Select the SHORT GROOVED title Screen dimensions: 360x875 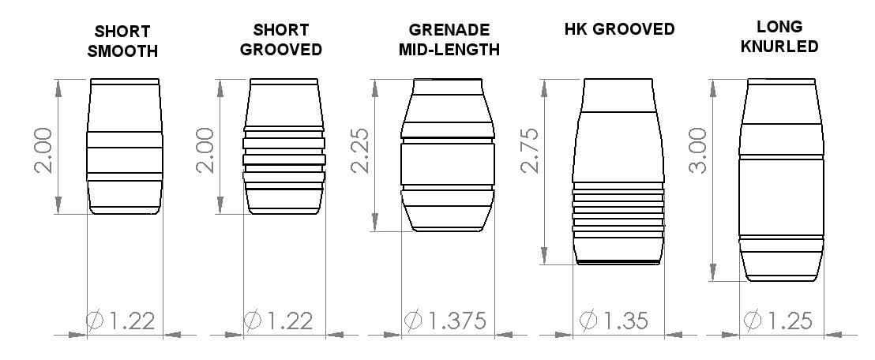[281, 39]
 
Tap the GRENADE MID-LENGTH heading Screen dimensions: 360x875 [449, 40]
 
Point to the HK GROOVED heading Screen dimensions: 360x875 [619, 30]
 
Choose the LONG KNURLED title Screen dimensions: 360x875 [780, 37]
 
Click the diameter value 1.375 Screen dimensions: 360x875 [456, 321]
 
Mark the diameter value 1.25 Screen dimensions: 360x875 [788, 321]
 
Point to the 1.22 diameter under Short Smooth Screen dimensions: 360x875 [131, 321]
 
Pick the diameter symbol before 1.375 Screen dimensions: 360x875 [413, 321]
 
